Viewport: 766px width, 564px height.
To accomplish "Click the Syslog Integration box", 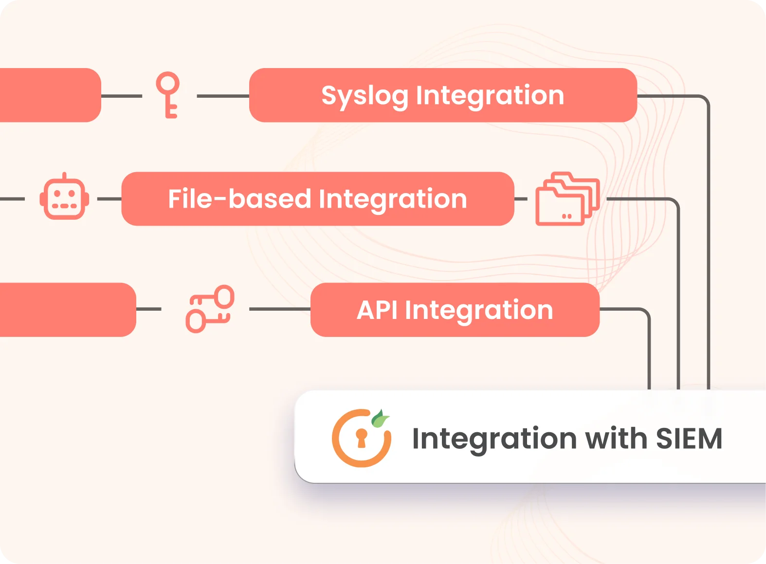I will pos(443,95).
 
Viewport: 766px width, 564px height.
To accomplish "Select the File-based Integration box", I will pos(317,199).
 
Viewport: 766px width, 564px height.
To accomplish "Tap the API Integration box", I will pos(455,310).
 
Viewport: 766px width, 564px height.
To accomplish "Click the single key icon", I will pos(168,95).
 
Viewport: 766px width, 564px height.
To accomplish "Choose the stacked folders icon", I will pos(567,199).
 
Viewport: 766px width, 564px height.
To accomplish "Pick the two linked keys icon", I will pos(210,309).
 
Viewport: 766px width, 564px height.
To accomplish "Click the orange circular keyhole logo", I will pos(361,439).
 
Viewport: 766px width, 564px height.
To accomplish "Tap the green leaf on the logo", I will pos(380,418).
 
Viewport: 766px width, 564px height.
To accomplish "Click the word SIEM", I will pos(689,439).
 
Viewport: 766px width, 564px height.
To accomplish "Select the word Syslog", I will pos(365,96).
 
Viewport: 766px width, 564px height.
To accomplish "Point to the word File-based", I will pos(239,199).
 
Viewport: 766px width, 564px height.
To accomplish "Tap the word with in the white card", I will pos(616,439).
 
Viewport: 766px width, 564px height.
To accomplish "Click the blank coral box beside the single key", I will pos(49,95).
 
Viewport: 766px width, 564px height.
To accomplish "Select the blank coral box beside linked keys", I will pos(66,310).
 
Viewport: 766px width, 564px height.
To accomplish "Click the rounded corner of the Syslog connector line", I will pos(705,100).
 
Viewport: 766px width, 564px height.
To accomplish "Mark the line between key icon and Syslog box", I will pos(223,96).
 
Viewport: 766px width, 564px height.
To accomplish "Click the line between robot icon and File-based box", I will pos(109,199).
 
